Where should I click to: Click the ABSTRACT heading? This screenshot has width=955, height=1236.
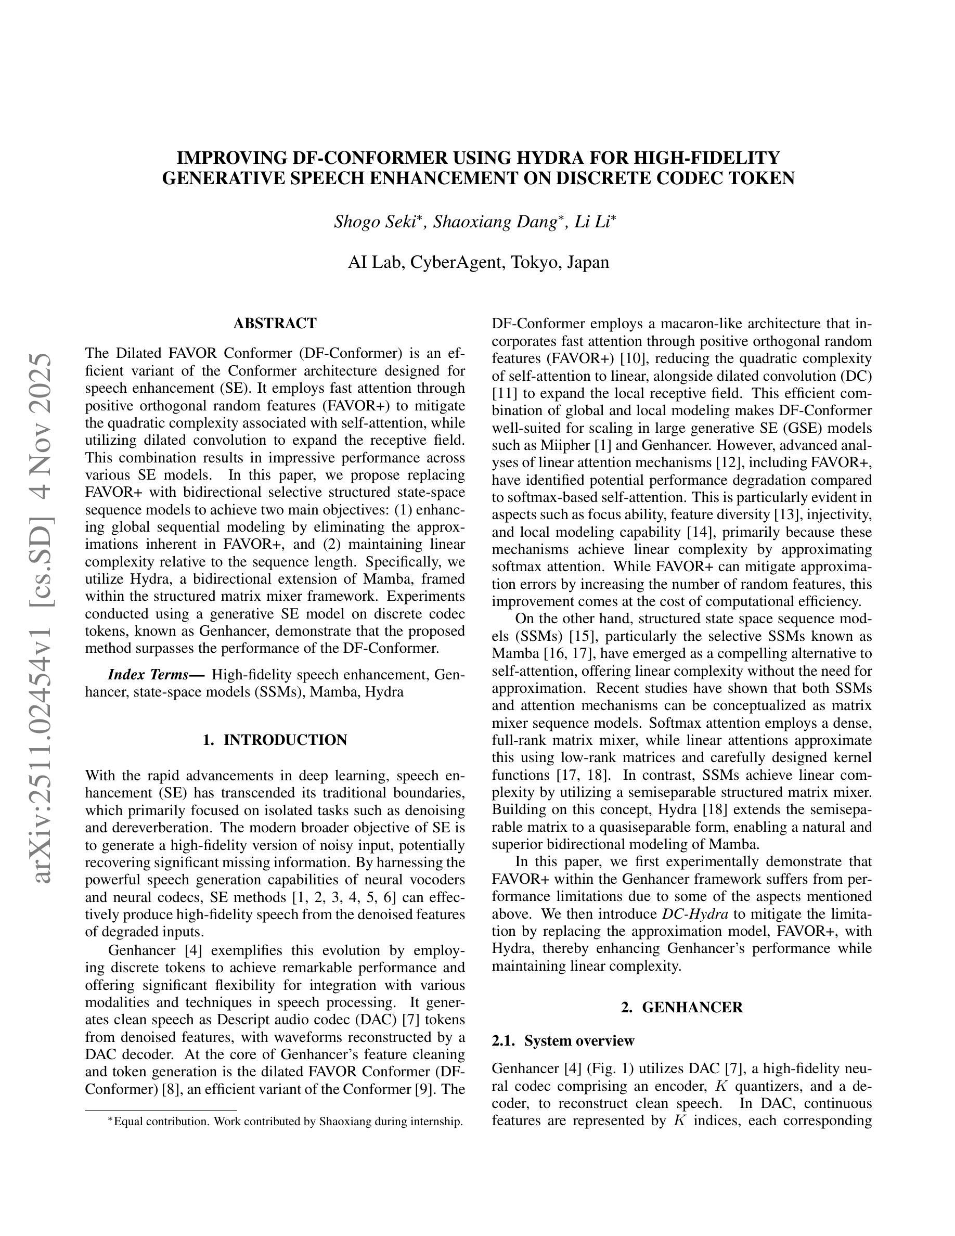click(x=275, y=323)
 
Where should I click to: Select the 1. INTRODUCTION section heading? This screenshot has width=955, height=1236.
click(x=275, y=740)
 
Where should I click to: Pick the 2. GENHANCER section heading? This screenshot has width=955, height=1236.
click(x=682, y=1007)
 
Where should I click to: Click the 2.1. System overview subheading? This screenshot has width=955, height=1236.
click(x=563, y=1041)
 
